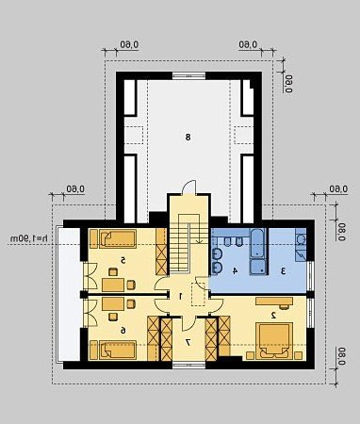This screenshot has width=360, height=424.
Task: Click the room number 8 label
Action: pyautogui.click(x=188, y=137)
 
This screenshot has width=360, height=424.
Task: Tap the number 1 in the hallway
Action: pyautogui.click(x=181, y=296)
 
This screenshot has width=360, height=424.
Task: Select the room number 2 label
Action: pyautogui.click(x=273, y=315)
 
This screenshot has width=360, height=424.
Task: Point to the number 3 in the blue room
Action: pyautogui.click(x=283, y=271)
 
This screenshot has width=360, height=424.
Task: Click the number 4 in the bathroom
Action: pyautogui.click(x=235, y=271)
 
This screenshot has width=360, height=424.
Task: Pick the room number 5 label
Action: pyautogui.click(x=123, y=260)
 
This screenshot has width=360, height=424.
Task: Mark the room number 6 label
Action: pyautogui.click(x=123, y=330)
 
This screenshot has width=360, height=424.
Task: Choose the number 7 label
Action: pyautogui.click(x=188, y=343)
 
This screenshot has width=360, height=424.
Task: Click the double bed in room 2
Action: pyautogui.click(x=274, y=341)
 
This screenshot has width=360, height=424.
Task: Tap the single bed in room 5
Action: pyautogui.click(x=118, y=239)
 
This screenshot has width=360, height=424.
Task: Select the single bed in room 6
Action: pyautogui.click(x=118, y=351)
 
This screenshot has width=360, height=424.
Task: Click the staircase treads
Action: pyautogui.click(x=180, y=247)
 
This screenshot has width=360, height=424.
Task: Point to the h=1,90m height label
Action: pyautogui.click(x=29, y=238)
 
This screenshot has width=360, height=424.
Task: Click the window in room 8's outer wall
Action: pyautogui.click(x=188, y=75)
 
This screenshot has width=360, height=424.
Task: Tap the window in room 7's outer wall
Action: pyautogui.click(x=189, y=365)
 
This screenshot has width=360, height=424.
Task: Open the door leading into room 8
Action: pyautogui.click(x=189, y=188)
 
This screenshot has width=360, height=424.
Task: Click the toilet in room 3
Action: pyautogui.click(x=301, y=239)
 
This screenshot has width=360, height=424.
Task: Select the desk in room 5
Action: pyautogui.click(x=113, y=285)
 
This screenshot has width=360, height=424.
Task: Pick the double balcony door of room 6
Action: pyautogui.click(x=90, y=313)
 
